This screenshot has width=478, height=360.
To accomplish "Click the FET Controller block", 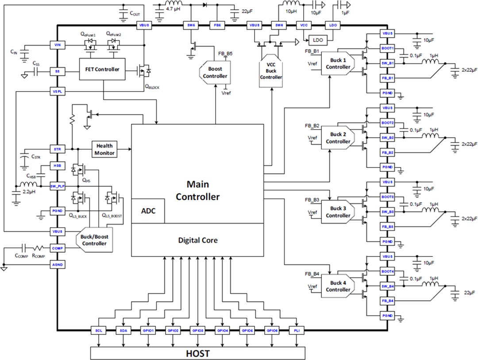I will coord(101,69).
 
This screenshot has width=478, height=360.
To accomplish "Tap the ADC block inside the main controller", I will coord(148,211).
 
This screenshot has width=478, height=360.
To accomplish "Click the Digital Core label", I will coord(197,240).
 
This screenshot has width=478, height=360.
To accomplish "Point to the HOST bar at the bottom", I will coord(198,354).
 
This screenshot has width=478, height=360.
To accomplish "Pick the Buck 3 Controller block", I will coord(338,212).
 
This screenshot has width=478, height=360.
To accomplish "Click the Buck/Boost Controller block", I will coord(95,240).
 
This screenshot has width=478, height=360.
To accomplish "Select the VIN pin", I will coord(57,45).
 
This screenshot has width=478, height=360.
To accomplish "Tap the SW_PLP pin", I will coord(57,186).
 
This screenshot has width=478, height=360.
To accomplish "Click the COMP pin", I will coord(57,248).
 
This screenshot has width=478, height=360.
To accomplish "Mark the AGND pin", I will coord(57,264).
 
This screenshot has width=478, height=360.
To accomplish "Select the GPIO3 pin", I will coord(197,330).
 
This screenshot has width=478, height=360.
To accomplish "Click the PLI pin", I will coord(296,330).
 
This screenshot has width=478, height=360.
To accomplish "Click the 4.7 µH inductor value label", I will coord(173,8).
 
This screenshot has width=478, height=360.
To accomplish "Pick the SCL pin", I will coord(99,330).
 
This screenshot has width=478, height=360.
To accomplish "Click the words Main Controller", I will coord(197,190).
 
